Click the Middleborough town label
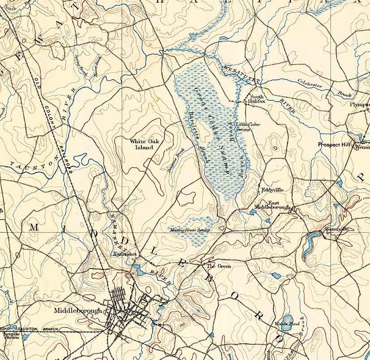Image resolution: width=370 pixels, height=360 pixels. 77,310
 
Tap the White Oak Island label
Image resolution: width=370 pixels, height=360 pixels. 142,144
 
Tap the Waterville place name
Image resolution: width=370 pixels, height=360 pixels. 336,229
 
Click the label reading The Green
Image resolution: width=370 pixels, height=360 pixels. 219,266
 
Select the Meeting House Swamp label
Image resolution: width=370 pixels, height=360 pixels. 189,230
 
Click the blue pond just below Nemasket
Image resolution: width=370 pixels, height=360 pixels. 138,270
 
